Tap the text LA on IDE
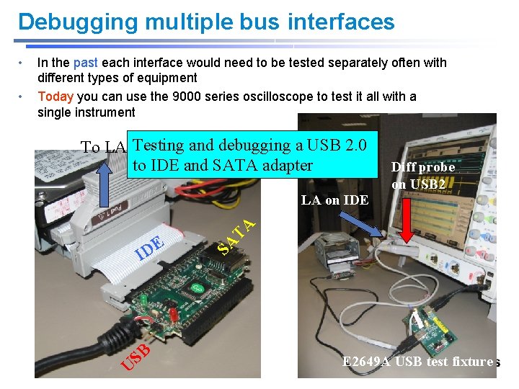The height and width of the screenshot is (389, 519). click(334, 200)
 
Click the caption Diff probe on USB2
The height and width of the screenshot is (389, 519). click(422, 175)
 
